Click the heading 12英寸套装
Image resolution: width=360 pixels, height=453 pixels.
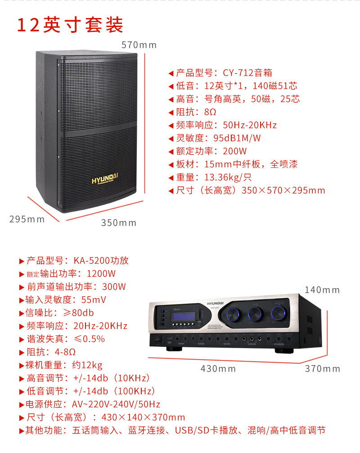click(x=70, y=25)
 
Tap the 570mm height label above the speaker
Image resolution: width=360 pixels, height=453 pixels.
click(x=139, y=45)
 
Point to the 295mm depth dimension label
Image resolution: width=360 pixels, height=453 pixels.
click(x=27, y=219)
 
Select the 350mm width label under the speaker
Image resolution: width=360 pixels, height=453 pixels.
click(x=118, y=222)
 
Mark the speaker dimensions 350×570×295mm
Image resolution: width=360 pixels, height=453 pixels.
click(x=283, y=190)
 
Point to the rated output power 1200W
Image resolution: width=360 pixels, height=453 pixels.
click(x=101, y=274)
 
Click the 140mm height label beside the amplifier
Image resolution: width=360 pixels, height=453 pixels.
click(x=322, y=290)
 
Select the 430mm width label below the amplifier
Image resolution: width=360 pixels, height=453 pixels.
click(x=218, y=369)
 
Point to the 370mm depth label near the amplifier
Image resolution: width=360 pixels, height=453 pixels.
click(x=322, y=369)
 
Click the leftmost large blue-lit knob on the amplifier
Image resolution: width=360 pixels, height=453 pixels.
click(x=235, y=313)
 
